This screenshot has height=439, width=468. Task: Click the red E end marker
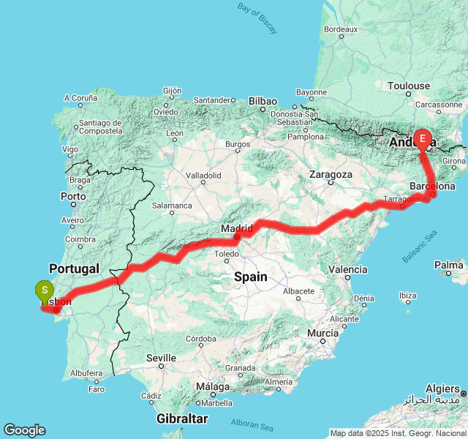(x=423, y=138)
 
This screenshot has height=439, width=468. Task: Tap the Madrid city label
(x=236, y=228)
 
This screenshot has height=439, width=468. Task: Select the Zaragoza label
(x=331, y=175)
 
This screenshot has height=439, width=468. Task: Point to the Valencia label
(x=348, y=269)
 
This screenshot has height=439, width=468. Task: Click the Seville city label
(x=161, y=358)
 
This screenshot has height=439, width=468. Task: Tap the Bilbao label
(x=263, y=101)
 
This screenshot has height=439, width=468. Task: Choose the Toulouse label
(x=409, y=86)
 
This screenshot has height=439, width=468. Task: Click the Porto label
(x=73, y=196)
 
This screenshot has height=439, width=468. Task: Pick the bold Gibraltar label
(x=182, y=419)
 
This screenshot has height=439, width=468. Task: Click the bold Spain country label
(x=250, y=277)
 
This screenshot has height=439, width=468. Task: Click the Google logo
(x=24, y=430)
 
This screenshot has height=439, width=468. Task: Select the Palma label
(x=448, y=264)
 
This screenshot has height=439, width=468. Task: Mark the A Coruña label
(x=80, y=97)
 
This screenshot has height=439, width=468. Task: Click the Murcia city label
(x=322, y=333)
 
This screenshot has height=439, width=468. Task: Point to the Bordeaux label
(x=340, y=29)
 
